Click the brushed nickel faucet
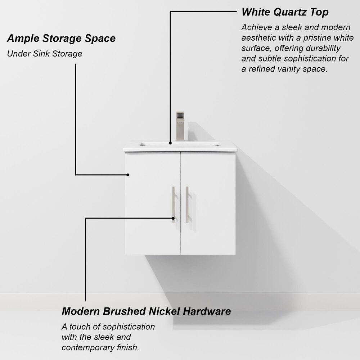[x=180, y=126]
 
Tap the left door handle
[x=173, y=204]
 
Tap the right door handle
[x=187, y=204]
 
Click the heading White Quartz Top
[x=285, y=12]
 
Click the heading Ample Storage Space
[x=61, y=38]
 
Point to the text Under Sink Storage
[x=45, y=54]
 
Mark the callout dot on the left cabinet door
[x=128, y=175]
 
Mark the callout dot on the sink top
[x=170, y=143]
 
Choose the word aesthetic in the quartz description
[x=258, y=38]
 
